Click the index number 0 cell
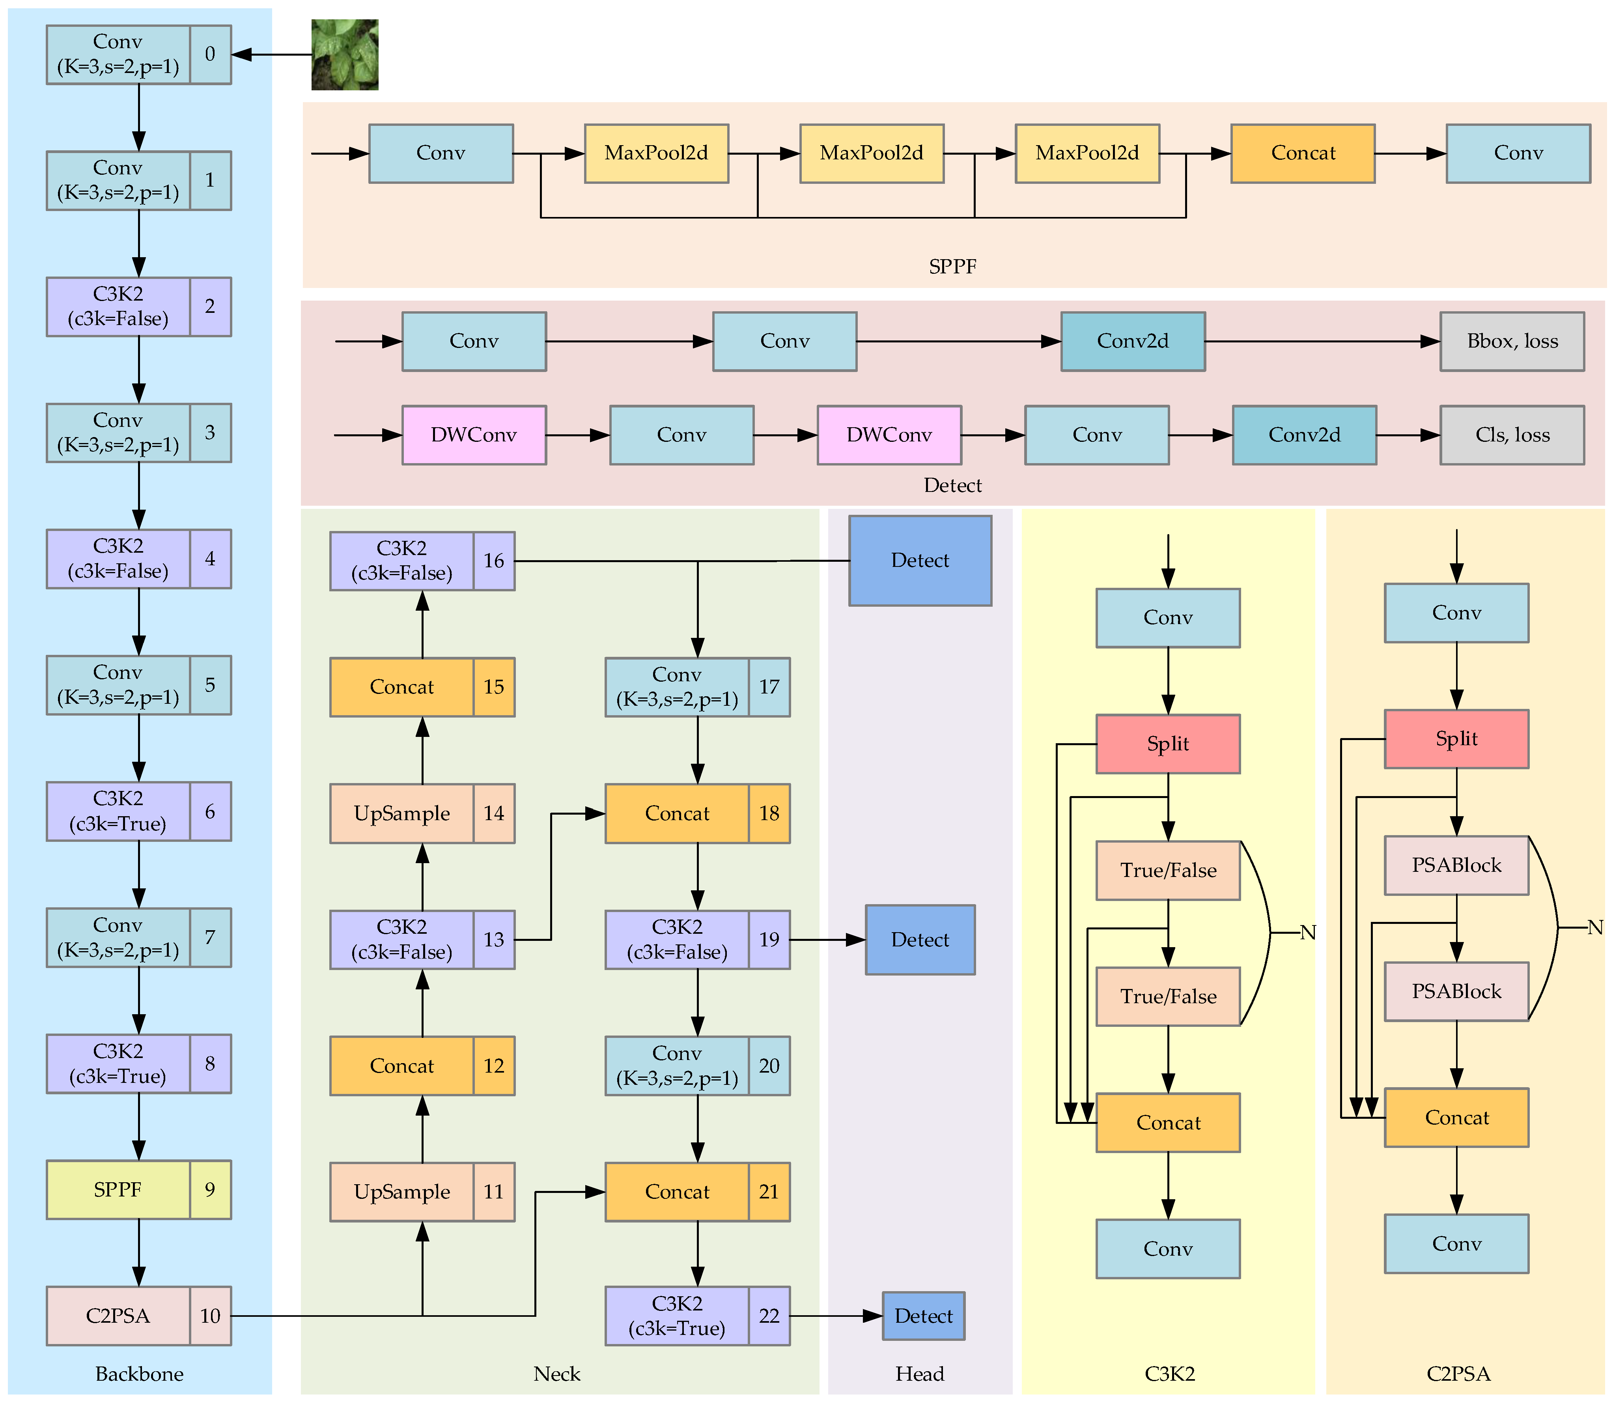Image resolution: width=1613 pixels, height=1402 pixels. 210,54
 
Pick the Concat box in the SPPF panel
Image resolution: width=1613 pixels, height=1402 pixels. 1303,153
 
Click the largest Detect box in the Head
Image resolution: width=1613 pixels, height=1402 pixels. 920,560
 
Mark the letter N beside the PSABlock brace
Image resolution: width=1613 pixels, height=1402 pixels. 1595,928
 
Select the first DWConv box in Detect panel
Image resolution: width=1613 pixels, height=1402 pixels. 474,435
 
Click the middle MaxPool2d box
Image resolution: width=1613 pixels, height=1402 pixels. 872,153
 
